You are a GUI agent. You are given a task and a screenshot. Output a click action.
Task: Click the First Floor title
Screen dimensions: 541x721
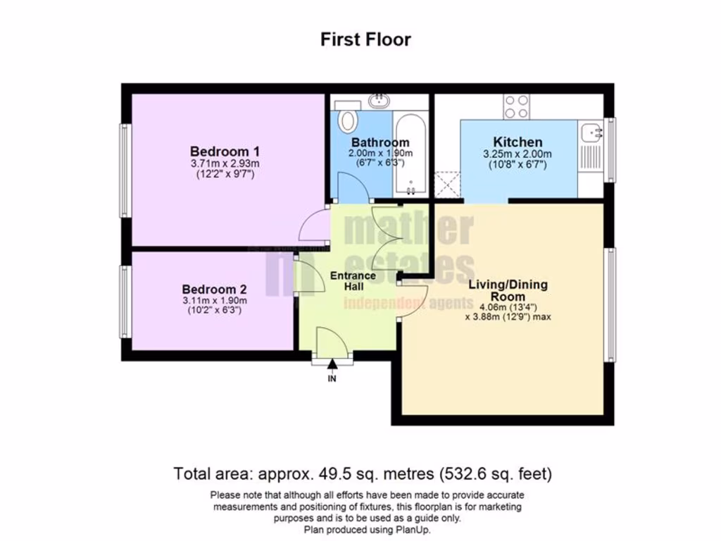click(x=365, y=39)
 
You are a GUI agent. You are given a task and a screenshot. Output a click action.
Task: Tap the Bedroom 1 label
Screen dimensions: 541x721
click(x=225, y=151)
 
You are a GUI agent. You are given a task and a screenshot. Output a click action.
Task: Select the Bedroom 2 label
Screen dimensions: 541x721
click(x=214, y=289)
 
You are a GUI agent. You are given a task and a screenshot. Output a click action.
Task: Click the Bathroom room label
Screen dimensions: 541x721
click(x=380, y=142)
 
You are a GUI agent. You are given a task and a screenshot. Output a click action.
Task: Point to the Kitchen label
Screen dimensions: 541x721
click(x=518, y=142)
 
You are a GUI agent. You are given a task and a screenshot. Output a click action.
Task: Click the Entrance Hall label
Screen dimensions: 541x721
click(x=353, y=281)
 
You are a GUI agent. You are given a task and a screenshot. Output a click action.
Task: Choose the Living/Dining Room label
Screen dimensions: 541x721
click(x=508, y=291)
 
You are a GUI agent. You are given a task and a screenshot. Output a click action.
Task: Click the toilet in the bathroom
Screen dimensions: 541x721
click(x=347, y=119)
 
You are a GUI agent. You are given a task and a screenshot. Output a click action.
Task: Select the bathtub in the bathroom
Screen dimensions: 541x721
click(x=410, y=155)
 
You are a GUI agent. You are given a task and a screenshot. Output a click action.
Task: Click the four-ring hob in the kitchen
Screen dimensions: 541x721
click(x=516, y=106)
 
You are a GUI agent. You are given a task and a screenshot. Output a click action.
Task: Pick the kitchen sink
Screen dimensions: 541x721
click(x=590, y=130)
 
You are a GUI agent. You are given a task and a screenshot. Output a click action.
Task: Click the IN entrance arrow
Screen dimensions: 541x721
click(x=332, y=366)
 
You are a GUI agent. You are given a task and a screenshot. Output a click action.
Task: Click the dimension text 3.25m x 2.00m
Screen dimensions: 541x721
click(x=518, y=154)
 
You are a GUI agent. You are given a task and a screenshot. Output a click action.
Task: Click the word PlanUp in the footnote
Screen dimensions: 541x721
click(x=413, y=529)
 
